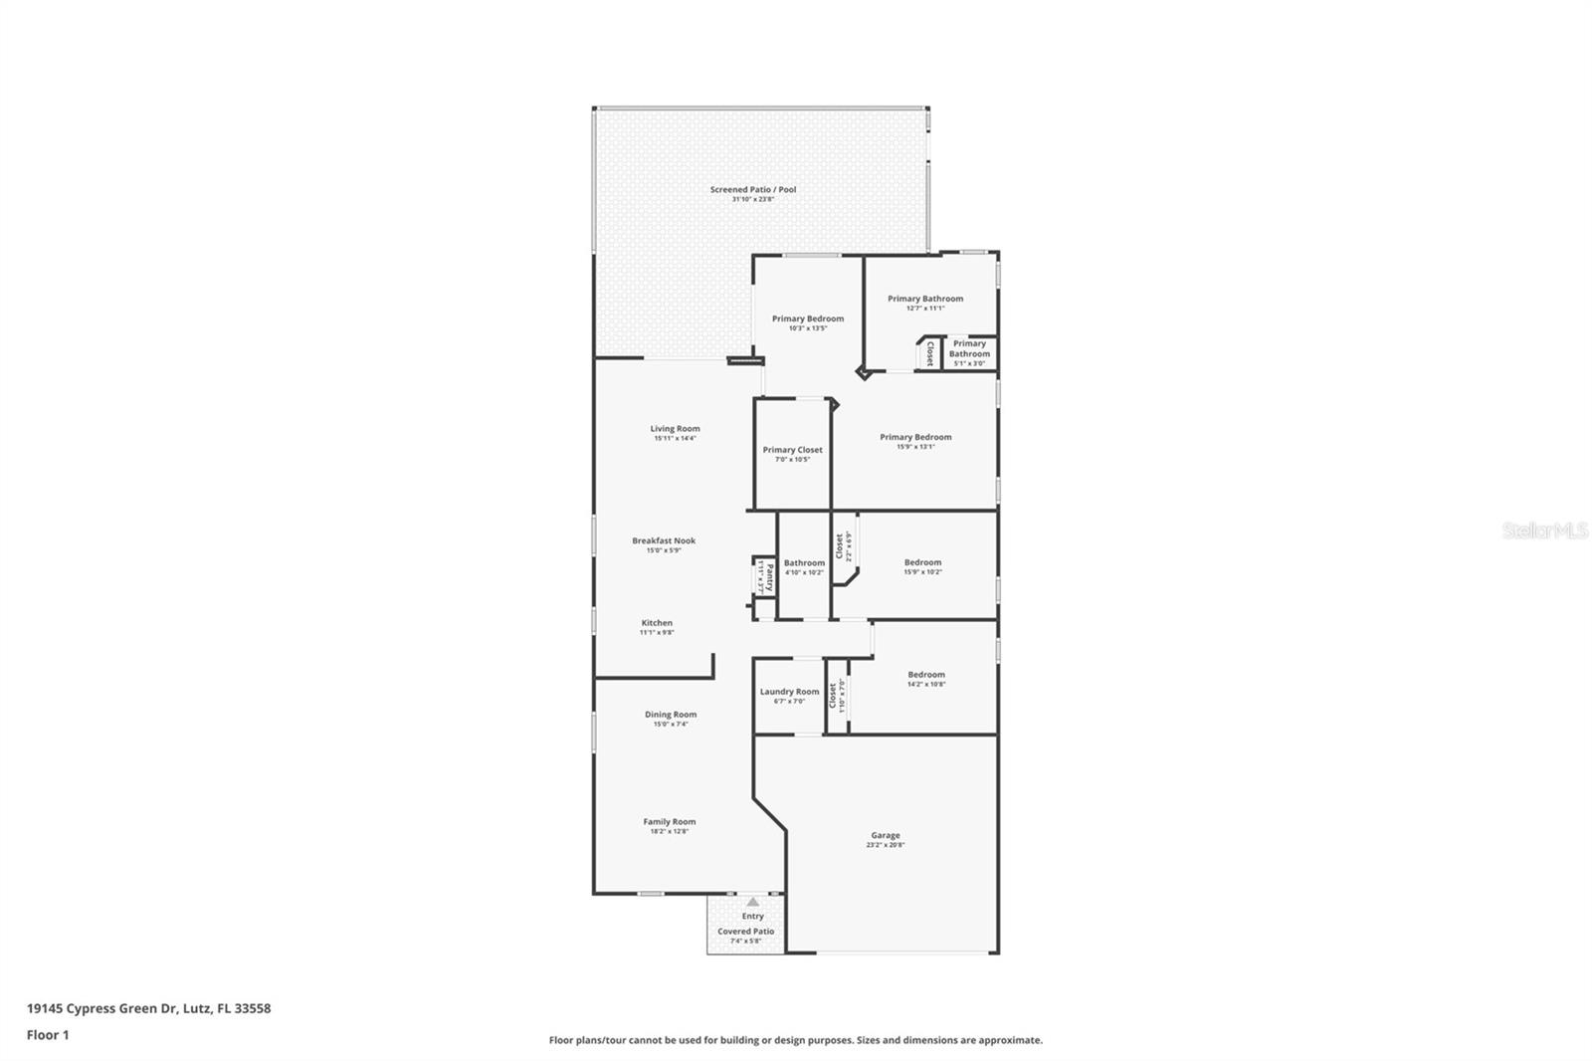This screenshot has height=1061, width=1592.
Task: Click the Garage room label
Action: pyautogui.click(x=885, y=836)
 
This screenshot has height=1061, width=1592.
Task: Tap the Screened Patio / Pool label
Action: pyautogui.click(x=752, y=190)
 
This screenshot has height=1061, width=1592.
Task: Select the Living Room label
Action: pyautogui.click(x=675, y=429)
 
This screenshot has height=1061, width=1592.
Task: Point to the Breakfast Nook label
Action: pyautogui.click(x=664, y=541)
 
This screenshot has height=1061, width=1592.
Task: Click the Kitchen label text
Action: pyautogui.click(x=657, y=623)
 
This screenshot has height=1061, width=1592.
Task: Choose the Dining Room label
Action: pyautogui.click(x=670, y=715)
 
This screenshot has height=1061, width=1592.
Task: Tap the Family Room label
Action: pyautogui.click(x=669, y=822)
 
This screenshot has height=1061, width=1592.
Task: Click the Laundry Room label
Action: pyautogui.click(x=789, y=692)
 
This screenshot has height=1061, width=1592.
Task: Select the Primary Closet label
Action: pyautogui.click(x=792, y=450)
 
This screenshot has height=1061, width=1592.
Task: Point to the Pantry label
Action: pyautogui.click(x=769, y=576)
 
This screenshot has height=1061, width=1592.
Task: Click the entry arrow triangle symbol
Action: pyautogui.click(x=752, y=902)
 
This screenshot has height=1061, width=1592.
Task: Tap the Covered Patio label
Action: pyautogui.click(x=745, y=932)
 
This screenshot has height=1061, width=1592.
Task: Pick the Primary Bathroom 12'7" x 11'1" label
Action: pyautogui.click(x=924, y=299)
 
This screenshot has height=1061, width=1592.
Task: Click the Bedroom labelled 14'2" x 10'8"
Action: pyautogui.click(x=925, y=675)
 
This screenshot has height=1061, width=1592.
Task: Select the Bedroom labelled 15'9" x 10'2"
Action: pyautogui.click(x=922, y=562)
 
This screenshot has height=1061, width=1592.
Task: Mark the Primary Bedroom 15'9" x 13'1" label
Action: pyautogui.click(x=914, y=437)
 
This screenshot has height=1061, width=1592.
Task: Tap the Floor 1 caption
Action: pyautogui.click(x=48, y=1035)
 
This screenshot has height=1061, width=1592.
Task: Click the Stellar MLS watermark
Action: pyautogui.click(x=1544, y=530)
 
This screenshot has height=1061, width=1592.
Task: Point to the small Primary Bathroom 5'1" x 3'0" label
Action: pyautogui.click(x=969, y=348)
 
